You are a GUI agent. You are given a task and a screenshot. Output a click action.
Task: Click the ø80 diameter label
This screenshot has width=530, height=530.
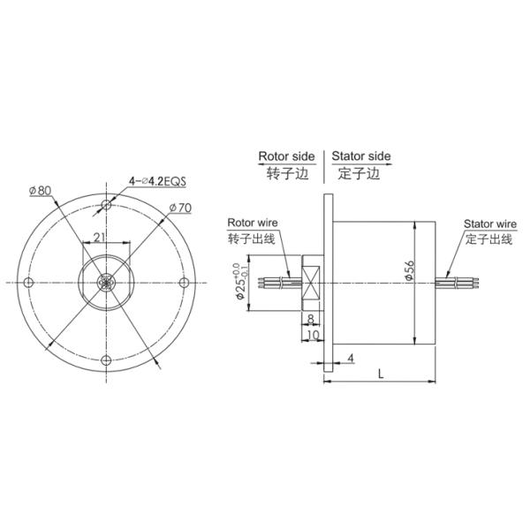click(x=39, y=190)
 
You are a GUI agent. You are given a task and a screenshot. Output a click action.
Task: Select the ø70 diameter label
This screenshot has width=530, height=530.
click(x=180, y=208)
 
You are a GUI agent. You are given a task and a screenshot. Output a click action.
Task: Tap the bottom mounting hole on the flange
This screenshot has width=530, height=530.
click(x=106, y=359)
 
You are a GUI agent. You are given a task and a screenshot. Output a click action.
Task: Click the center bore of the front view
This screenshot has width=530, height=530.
click(x=106, y=282)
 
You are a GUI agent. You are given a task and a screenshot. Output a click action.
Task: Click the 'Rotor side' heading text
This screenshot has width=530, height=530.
click(x=285, y=156)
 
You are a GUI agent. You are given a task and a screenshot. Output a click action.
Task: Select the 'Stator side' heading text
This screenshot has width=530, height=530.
click(x=360, y=156)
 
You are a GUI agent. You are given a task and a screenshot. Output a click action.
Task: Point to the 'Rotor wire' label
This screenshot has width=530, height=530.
click(x=251, y=223)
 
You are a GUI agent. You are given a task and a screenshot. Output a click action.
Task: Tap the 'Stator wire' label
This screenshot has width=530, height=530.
click(x=489, y=224)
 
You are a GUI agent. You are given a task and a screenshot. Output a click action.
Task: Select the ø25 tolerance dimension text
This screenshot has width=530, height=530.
click(x=238, y=283)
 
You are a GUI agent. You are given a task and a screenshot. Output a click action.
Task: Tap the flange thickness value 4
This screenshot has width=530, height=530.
click(x=351, y=358)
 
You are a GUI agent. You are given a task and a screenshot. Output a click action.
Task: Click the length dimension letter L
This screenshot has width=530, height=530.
click(x=380, y=374)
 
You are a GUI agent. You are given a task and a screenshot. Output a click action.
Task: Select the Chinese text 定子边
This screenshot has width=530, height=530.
click(x=360, y=174)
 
